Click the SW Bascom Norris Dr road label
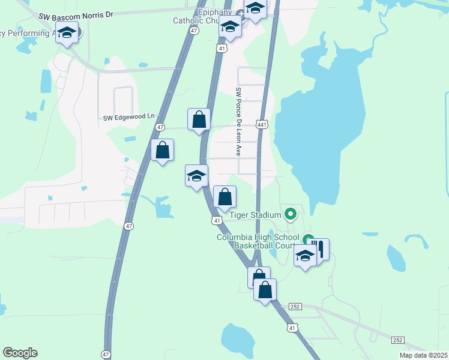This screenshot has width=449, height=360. [x=75, y=14]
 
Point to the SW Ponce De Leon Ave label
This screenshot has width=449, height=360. [x=238, y=122]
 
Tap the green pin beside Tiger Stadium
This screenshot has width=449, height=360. [x=291, y=214]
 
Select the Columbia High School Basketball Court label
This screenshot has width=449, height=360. [x=258, y=241]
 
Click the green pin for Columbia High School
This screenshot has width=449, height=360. [x=308, y=239]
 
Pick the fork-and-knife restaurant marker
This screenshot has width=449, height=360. [x=320, y=248]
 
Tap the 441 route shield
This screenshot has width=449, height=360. [x=262, y=124]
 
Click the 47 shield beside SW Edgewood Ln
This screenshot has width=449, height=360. [x=160, y=127]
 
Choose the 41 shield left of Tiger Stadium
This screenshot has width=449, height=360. [x=217, y=221]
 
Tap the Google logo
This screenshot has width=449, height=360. [x=20, y=353]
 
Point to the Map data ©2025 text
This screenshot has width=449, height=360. [x=423, y=355]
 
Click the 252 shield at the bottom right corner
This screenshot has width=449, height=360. [x=398, y=340]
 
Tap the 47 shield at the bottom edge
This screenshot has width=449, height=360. [x=106, y=354]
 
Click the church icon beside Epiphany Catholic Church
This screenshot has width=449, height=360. [x=239, y=20]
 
